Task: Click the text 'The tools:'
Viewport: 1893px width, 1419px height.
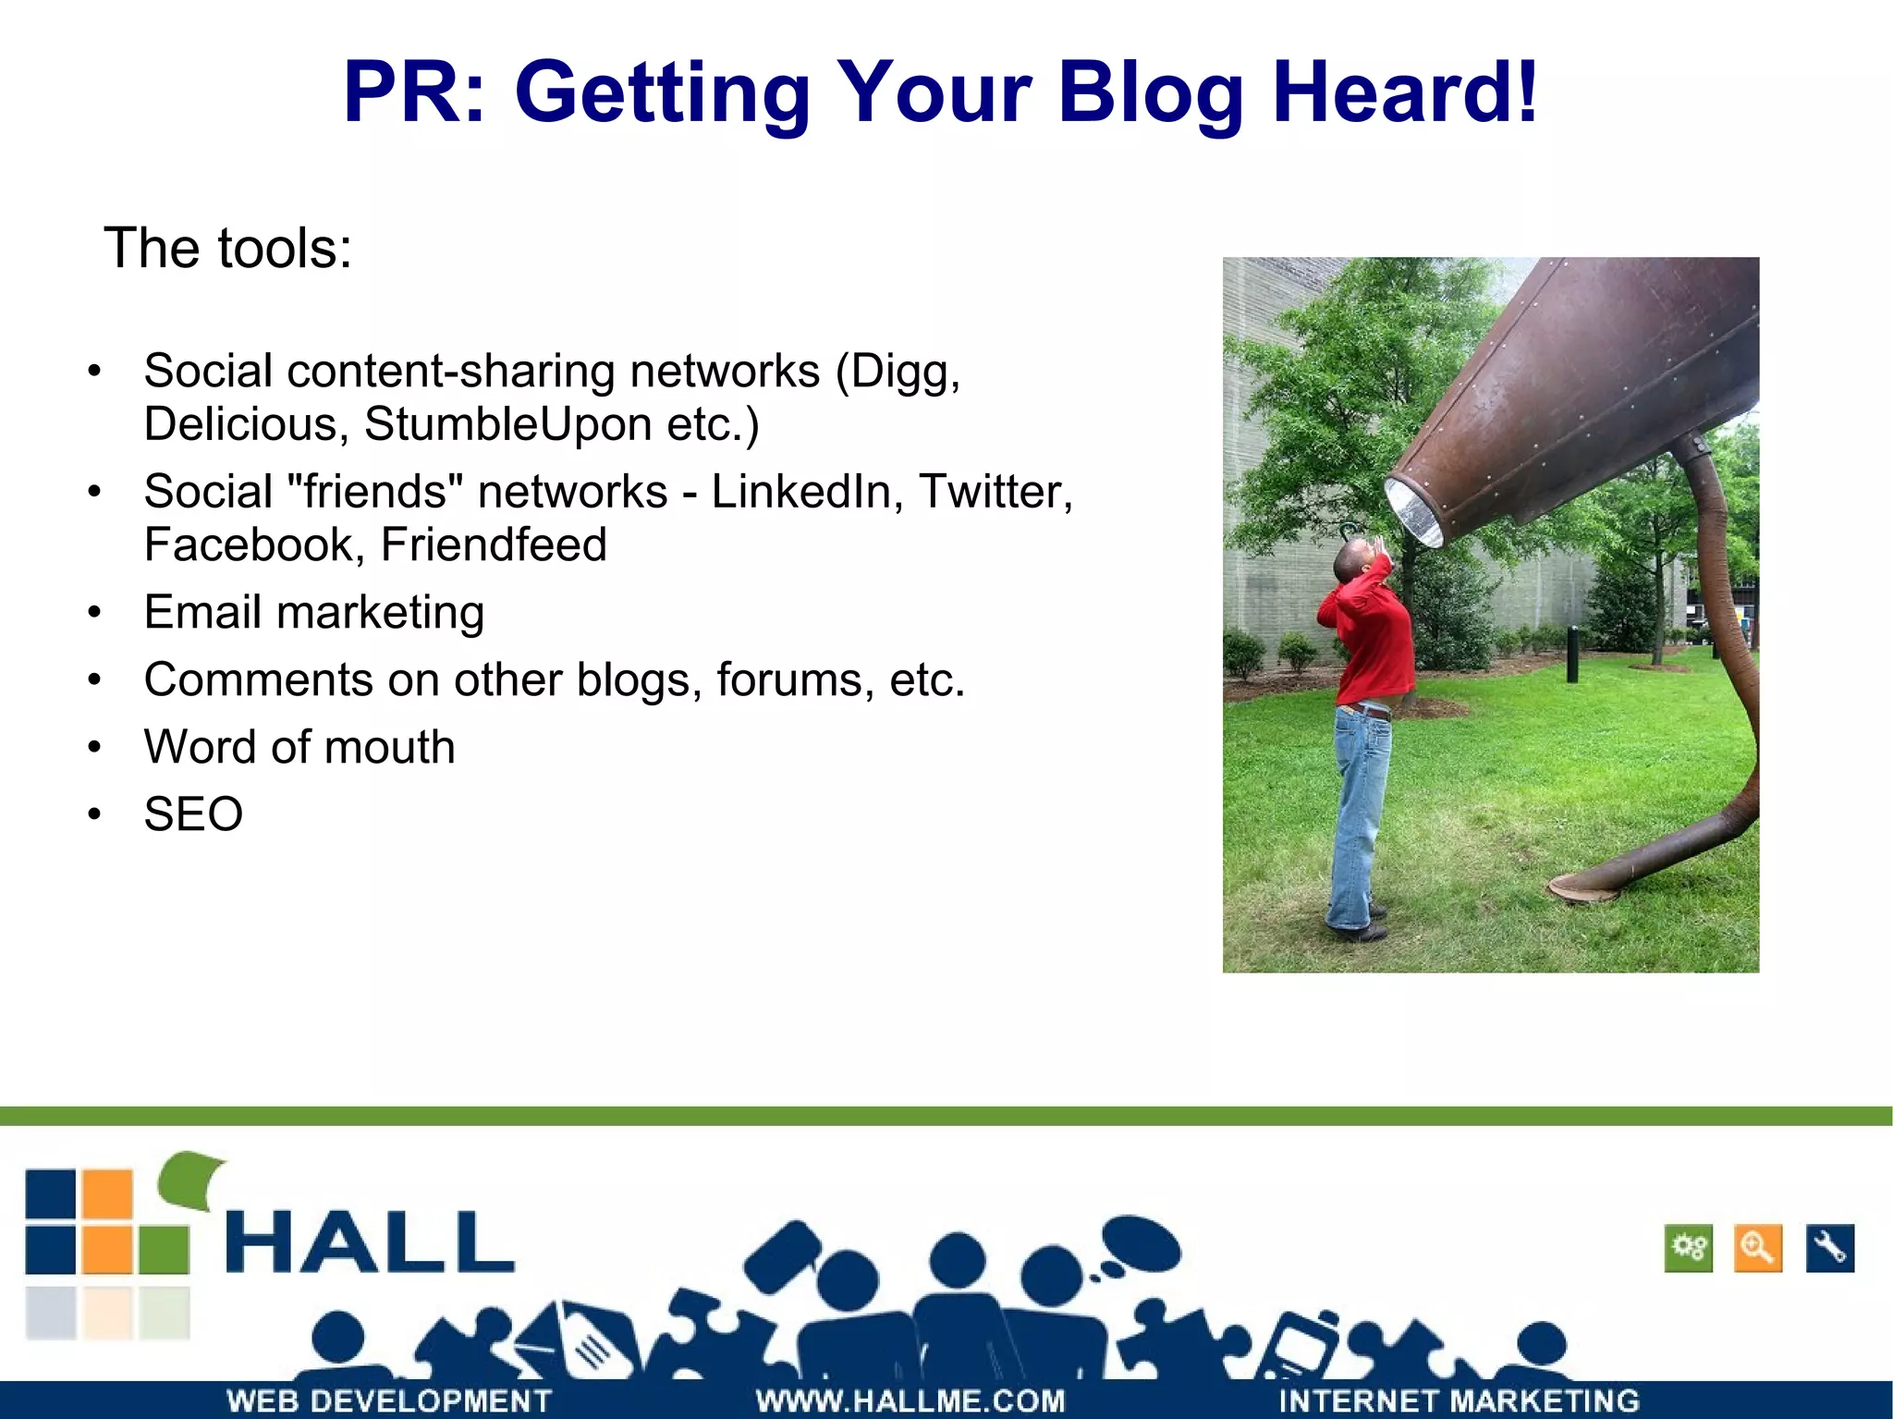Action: coord(228,248)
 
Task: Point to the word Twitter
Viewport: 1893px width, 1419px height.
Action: coord(994,491)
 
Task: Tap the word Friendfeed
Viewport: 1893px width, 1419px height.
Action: coord(494,544)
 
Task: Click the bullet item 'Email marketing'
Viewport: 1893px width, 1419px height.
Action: coord(313,612)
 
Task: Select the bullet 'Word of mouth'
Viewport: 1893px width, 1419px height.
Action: coord(299,746)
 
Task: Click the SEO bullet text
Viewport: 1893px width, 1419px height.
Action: coord(193,813)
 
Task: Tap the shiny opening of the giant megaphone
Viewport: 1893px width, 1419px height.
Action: coord(1414,513)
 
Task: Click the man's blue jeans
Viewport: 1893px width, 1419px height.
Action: coord(1357,813)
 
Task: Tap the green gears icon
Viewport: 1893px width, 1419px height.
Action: coord(1688,1249)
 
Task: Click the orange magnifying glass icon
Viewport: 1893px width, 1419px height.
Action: coord(1757,1249)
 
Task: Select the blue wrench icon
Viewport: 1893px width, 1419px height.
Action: coord(1829,1249)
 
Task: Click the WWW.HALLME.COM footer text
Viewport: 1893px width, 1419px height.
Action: coord(910,1401)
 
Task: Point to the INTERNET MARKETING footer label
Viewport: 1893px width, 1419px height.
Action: coord(1459,1401)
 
